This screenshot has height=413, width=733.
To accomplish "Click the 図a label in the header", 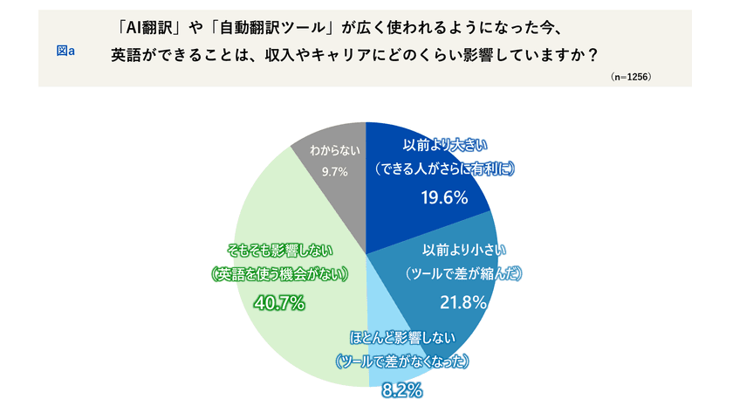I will (65, 51).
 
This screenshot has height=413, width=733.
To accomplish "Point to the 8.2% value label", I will (402, 389).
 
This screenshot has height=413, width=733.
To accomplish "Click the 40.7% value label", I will (277, 303).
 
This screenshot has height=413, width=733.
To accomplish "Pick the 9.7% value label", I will (334, 171).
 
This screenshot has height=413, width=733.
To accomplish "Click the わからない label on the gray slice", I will (334, 150).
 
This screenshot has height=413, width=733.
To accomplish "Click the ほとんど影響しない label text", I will (403, 337).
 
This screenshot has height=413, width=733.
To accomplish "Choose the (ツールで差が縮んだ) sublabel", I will (463, 274).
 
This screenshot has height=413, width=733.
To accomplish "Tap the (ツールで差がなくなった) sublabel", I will (402, 361).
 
